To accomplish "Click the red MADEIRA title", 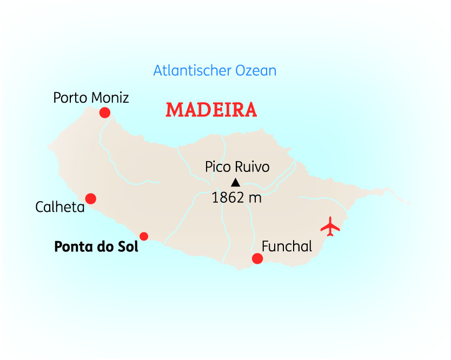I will (211, 110).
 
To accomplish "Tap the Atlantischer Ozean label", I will (215, 71).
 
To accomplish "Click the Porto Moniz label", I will (91, 98).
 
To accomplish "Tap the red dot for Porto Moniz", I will (105, 112).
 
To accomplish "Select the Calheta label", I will (60, 207).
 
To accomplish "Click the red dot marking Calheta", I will (91, 198).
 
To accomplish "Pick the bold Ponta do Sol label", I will (96, 247).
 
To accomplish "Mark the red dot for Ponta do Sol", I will (144, 236).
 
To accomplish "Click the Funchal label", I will (287, 246).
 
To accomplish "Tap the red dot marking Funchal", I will (257, 259).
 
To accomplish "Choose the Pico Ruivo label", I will (237, 167).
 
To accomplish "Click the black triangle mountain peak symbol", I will (235, 182).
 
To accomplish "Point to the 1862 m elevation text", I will (236, 198).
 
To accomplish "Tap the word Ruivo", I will (252, 167).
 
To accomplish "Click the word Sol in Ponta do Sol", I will (128, 247).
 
